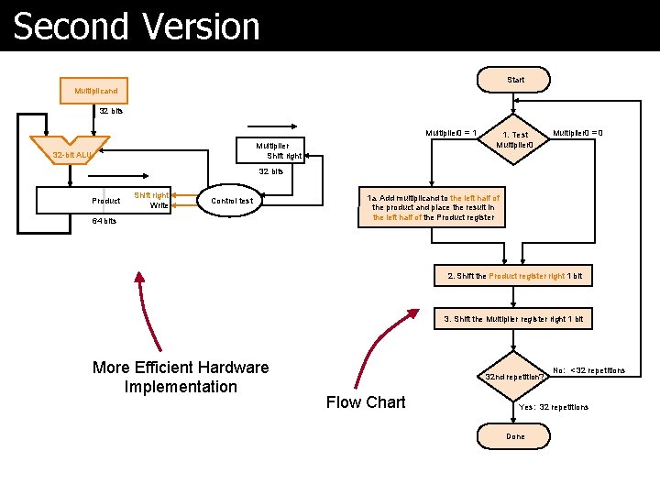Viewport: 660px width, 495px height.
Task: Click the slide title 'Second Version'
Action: point(137,27)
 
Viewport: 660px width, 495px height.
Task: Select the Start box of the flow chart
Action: point(515,80)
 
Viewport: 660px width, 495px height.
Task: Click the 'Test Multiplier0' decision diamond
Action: point(514,140)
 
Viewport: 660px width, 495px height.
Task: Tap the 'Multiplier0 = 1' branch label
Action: point(449,133)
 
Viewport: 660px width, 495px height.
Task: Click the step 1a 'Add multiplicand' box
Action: point(433,208)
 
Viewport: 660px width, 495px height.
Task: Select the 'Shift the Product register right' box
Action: point(513,276)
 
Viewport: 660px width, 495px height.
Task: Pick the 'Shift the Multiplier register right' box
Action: point(513,319)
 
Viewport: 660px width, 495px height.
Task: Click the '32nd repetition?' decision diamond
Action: point(515,376)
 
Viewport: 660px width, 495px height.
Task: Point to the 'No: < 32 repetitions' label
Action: point(588,370)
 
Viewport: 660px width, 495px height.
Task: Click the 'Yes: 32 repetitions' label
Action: point(554,406)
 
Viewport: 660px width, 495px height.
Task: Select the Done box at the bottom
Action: point(515,436)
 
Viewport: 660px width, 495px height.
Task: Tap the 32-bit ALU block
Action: point(71,155)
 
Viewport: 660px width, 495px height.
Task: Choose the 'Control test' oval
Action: point(232,201)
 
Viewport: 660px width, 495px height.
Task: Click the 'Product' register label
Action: point(106,201)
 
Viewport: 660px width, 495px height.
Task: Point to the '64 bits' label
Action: point(103,221)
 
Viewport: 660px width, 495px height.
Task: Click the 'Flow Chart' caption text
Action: point(366,401)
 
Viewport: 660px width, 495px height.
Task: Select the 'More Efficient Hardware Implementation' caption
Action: point(181,377)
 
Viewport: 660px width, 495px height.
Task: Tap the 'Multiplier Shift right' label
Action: point(276,150)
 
